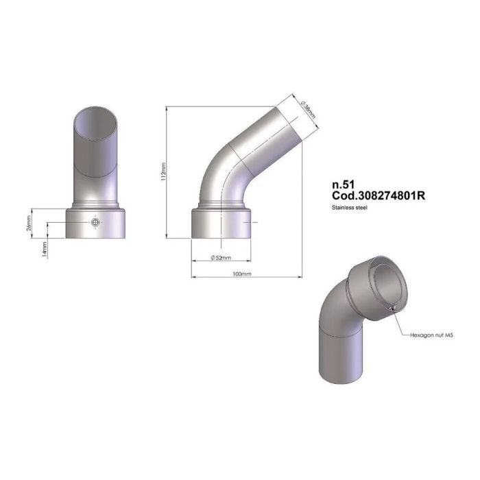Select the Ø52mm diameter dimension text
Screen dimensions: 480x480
[x=221, y=258]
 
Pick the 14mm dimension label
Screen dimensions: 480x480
[x=44, y=249]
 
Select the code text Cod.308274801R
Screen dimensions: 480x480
[x=378, y=195]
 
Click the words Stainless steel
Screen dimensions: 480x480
[x=350, y=206]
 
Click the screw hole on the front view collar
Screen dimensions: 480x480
[x=95, y=223]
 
